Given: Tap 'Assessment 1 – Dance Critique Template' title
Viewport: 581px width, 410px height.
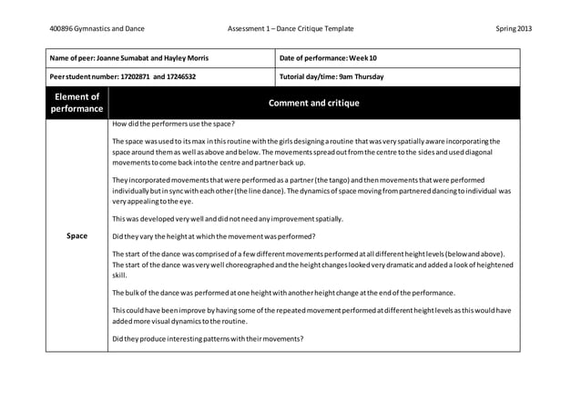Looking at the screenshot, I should (291, 29).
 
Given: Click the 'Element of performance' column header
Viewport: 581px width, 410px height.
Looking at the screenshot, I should (77, 103).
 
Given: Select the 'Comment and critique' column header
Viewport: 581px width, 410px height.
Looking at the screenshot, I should (312, 103).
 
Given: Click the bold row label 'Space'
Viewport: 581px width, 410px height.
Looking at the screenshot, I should (77, 236).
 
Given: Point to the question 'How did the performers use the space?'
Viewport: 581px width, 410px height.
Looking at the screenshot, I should (173, 123).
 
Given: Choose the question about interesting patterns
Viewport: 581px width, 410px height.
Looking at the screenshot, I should (208, 339).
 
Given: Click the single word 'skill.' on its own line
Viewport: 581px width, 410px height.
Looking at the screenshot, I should (119, 275).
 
